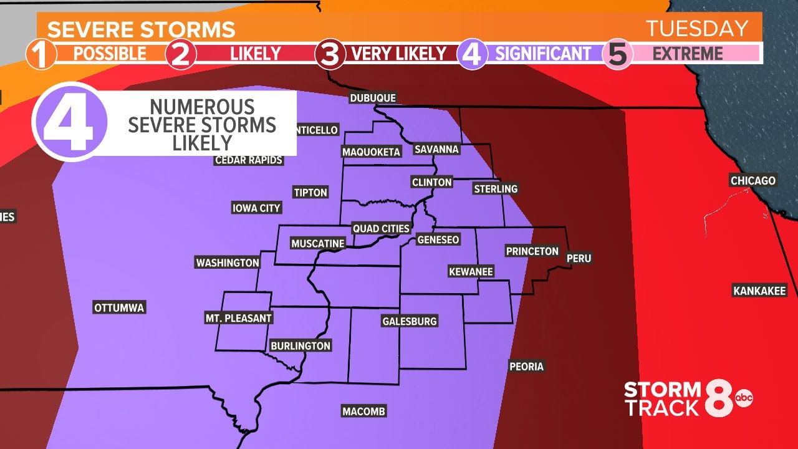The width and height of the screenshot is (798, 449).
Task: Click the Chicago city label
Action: [753, 181]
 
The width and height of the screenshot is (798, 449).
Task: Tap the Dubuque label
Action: [373, 98]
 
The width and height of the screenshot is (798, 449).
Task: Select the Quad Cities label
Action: [381, 228]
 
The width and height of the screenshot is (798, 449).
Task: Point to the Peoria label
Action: [527, 366]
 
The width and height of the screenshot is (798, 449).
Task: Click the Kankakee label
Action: [760, 291]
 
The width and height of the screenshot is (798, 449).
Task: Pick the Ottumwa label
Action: [119, 307]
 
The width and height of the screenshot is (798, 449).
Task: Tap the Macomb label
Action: [364, 411]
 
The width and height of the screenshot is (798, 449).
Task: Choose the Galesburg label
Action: [410, 321]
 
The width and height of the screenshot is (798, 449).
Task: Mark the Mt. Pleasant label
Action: [239, 318]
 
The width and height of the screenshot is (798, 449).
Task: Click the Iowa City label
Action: [256, 208]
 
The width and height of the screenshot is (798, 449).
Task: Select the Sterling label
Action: [496, 188]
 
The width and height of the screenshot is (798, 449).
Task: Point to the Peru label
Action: [579, 258]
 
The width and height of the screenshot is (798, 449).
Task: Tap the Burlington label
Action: [300, 345]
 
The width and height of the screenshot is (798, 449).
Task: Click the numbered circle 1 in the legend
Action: [41, 54]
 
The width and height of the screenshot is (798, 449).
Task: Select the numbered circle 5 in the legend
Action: [617, 54]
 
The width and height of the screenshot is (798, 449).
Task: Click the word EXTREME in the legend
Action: [688, 54]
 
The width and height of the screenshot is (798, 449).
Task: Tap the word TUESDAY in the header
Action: [696, 29]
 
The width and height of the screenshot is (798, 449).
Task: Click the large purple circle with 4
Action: [70, 120]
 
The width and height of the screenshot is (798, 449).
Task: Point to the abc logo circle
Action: [743, 397]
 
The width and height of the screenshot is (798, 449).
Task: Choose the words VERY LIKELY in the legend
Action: [399, 54]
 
